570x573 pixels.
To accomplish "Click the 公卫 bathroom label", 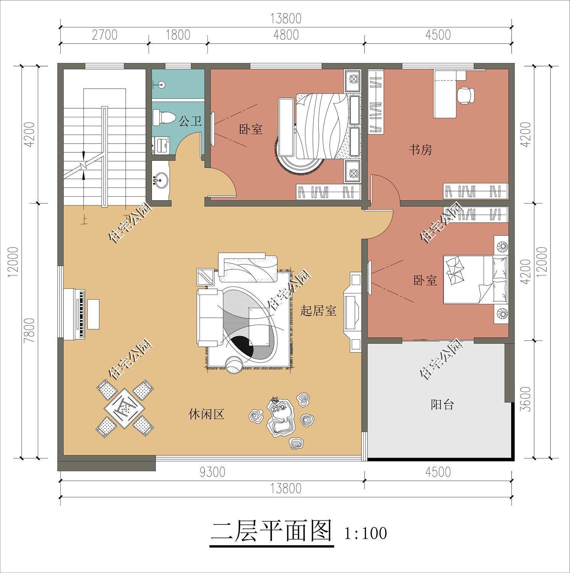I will [190, 122].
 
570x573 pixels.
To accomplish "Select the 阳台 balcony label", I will [442, 405].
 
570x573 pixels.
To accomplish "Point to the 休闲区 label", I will [206, 414].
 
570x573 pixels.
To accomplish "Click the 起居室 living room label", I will [318, 311].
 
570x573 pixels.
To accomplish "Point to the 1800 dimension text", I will [178, 35].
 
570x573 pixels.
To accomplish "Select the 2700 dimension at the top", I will [104, 35].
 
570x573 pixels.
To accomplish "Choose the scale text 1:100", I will [366, 533].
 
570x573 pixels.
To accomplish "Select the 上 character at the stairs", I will [83, 220].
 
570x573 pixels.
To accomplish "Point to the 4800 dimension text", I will [286, 35].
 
